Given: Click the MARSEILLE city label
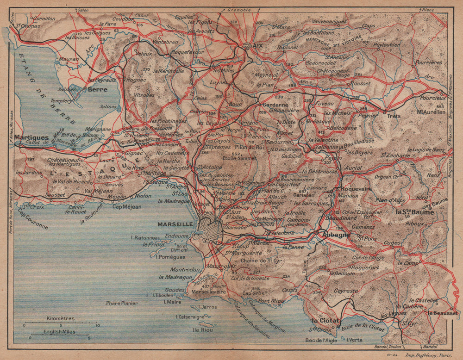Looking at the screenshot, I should pos(176,224).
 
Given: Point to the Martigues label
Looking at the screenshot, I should pos(31,137).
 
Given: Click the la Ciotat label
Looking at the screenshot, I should pos(326,320).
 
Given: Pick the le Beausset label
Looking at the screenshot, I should pos(443,313).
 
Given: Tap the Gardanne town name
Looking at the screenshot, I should pos(272,105).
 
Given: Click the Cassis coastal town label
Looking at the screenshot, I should pos(289,290).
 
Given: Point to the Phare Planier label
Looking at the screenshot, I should pos(122,303).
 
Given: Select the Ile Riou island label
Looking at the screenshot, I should pos(202,330).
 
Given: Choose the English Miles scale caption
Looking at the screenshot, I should pos(60,332).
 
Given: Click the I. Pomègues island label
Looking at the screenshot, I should pos(171,256).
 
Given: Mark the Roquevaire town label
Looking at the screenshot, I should pos(356,189).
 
